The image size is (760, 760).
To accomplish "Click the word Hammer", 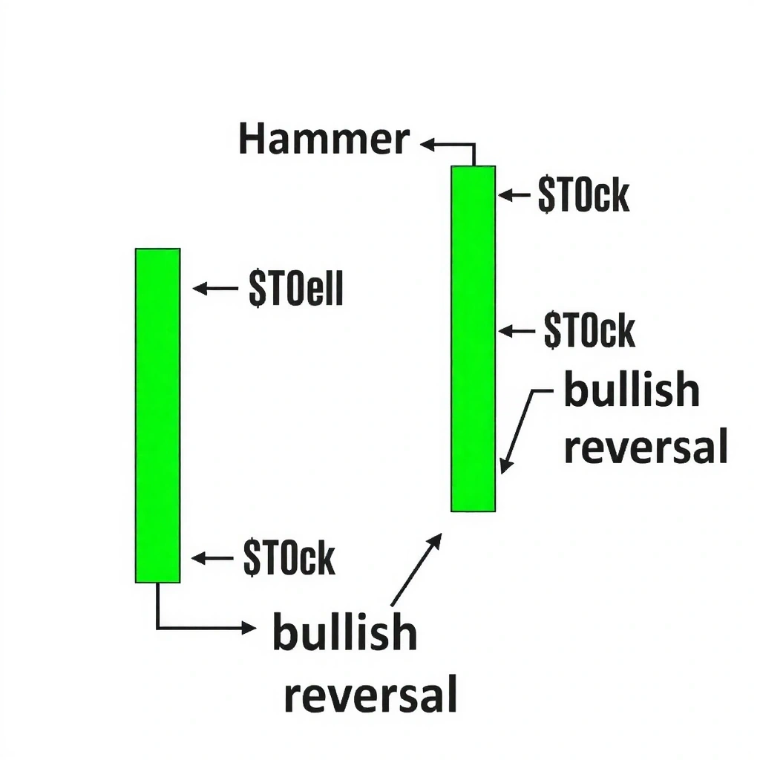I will point(324,140).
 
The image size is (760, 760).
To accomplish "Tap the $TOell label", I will point(296,289).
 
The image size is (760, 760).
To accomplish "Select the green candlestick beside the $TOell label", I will point(157,416).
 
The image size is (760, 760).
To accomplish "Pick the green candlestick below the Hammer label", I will point(473,338).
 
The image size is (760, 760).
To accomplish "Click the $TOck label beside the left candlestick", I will point(289,557).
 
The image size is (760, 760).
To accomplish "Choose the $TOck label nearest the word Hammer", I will point(583,195).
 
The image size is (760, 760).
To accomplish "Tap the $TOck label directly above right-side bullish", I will point(589,330).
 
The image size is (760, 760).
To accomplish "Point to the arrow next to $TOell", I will point(214,288).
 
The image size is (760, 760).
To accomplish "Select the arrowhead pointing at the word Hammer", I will point(427,145).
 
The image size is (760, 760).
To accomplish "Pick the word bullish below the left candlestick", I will point(344,632).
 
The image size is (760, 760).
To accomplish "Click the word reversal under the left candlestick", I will point(370,695).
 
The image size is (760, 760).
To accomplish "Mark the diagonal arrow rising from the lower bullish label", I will point(416,569).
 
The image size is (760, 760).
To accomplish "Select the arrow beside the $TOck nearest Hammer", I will point(514,195).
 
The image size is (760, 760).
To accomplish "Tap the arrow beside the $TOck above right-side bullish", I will point(516,331).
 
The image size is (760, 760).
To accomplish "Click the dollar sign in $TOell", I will point(257,289).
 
